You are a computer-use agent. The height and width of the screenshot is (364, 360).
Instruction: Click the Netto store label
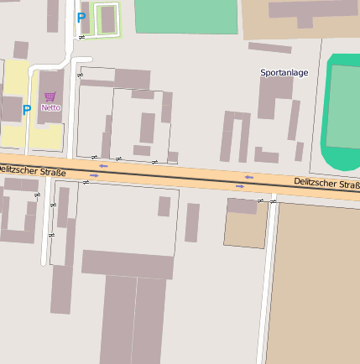point(50,107)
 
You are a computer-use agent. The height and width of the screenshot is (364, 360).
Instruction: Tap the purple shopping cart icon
point(50,96)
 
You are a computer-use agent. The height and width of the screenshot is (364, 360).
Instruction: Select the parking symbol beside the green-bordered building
point(81,17)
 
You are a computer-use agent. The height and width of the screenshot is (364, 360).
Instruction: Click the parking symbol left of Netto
point(27,109)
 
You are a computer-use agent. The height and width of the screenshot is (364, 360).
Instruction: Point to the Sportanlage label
point(284,73)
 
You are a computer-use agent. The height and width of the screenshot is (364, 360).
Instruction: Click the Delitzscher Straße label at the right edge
point(326,183)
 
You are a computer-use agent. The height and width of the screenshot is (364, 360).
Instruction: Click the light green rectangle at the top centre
point(185,16)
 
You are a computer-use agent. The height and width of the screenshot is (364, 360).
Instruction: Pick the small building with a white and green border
point(107,20)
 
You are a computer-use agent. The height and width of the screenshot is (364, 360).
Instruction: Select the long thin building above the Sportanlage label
point(270,48)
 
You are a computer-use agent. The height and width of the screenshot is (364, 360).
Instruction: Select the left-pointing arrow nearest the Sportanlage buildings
point(248,176)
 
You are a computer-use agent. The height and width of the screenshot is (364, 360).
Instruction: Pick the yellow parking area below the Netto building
point(46,136)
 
